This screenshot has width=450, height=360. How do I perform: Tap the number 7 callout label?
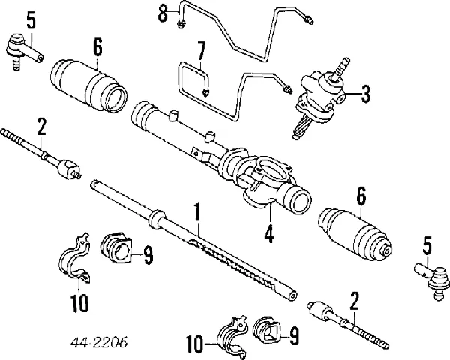click(200, 52)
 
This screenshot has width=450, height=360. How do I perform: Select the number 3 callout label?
click(364, 94)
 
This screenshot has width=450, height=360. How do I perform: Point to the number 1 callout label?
click(197, 212)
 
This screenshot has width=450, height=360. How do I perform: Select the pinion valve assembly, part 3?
click(319, 97)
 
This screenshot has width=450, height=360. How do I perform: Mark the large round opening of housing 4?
click(298, 201)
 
